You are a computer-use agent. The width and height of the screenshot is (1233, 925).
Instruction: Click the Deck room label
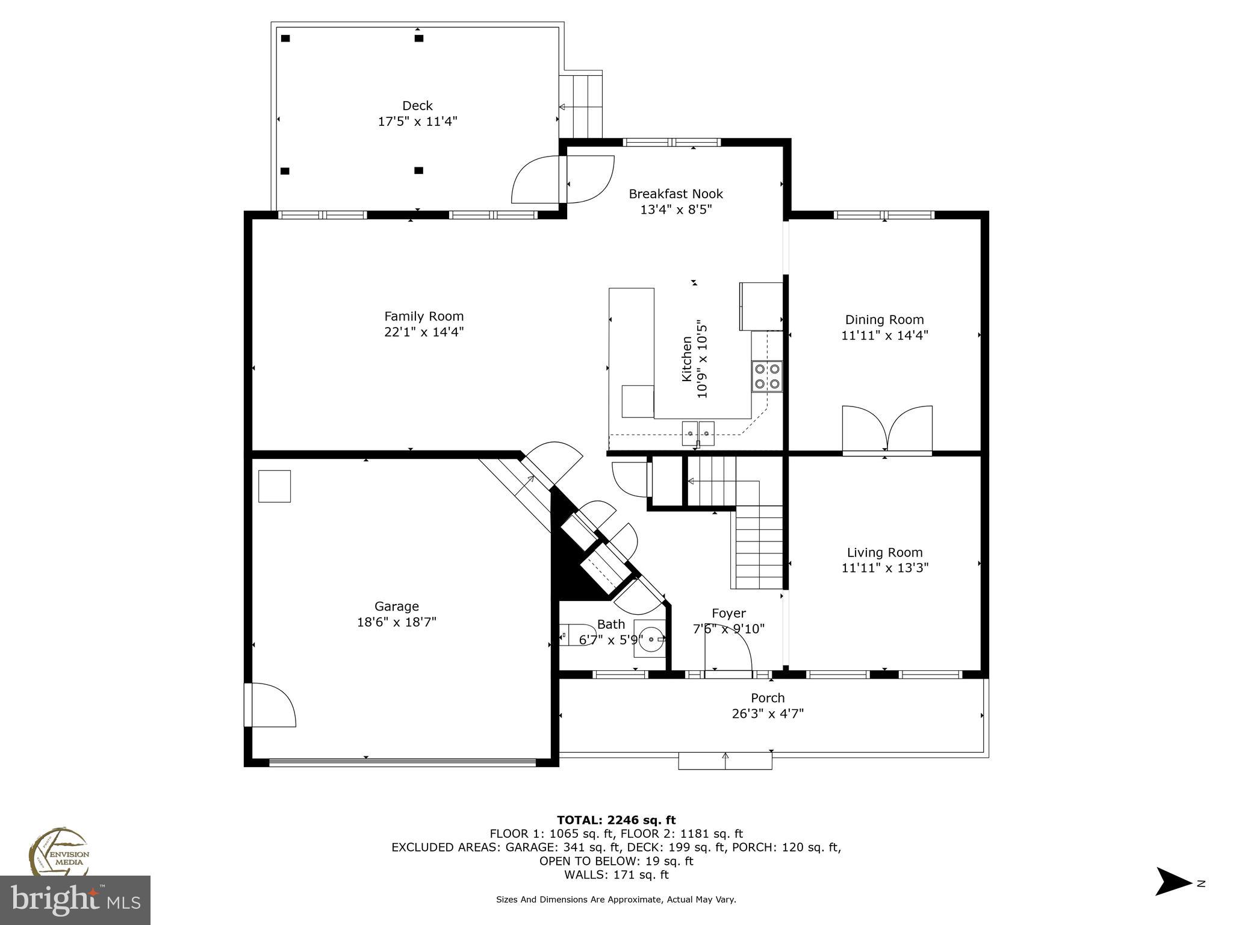[x=417, y=106]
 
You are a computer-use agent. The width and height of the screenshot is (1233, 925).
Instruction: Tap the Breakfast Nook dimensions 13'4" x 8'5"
[x=676, y=210]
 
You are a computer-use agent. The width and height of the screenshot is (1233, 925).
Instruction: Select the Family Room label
[x=424, y=316]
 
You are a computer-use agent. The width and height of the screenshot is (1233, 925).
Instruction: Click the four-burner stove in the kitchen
[x=766, y=376]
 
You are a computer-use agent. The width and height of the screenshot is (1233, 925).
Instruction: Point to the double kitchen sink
[x=698, y=433]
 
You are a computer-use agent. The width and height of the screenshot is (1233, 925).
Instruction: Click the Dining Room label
[x=884, y=320]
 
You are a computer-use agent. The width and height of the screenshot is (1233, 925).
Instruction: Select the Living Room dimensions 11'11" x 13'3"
[x=884, y=567]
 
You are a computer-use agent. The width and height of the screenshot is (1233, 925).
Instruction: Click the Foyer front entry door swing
[x=728, y=654]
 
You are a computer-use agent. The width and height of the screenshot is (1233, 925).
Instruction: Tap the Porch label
[x=768, y=698]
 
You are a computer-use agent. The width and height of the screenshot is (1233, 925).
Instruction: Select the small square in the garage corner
[x=275, y=486]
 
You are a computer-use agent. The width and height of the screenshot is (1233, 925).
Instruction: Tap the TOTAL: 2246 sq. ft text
[x=616, y=820]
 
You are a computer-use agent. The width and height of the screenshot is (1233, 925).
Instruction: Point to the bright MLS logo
[x=75, y=900]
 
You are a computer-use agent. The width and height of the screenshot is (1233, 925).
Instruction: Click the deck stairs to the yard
[x=580, y=107]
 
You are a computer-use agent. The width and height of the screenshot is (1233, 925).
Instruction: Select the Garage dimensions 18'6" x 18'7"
[x=396, y=622]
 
